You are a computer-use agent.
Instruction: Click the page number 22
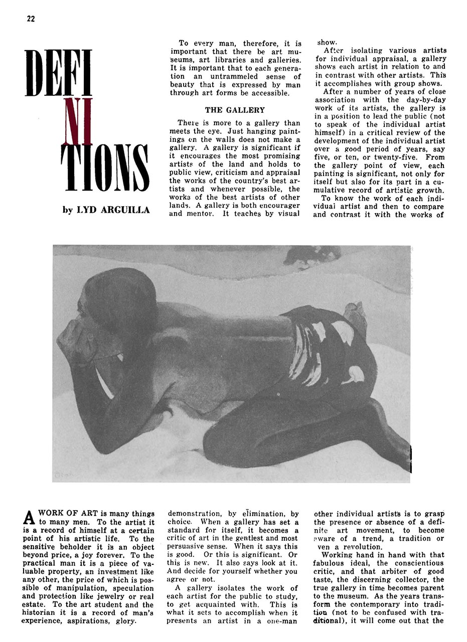point(31,19)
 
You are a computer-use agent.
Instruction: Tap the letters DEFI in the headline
point(58,73)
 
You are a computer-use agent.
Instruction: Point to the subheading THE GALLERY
point(235,110)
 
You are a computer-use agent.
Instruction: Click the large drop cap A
point(30,517)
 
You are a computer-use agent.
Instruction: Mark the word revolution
point(357,547)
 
